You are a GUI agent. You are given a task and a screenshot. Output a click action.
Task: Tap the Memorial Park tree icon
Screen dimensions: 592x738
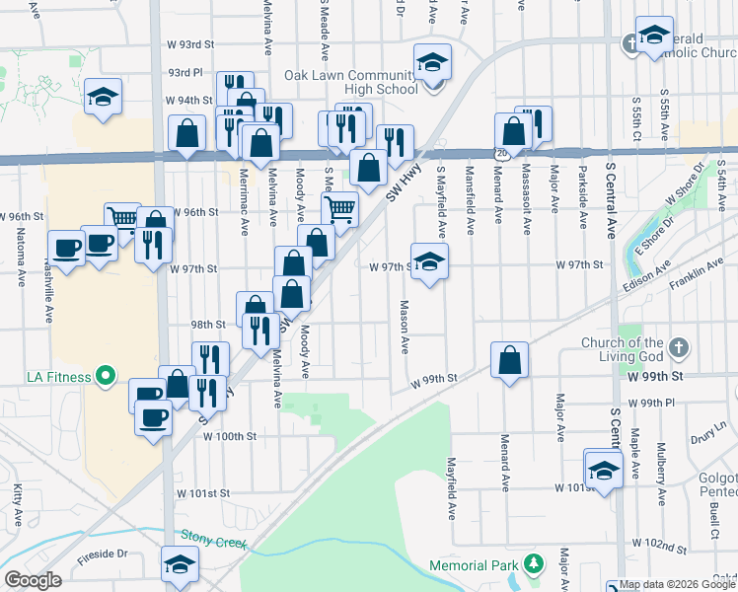[534, 565]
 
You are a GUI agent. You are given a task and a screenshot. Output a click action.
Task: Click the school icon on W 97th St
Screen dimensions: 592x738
[429, 262]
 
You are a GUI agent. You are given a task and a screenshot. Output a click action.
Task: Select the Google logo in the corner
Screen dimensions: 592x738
[32, 579]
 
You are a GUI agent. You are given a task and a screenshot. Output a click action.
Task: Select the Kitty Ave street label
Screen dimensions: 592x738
[17, 503]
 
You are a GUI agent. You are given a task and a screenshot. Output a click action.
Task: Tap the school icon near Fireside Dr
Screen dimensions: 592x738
[180, 565]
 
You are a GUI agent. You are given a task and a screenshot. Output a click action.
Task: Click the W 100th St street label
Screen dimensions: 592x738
[231, 436]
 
